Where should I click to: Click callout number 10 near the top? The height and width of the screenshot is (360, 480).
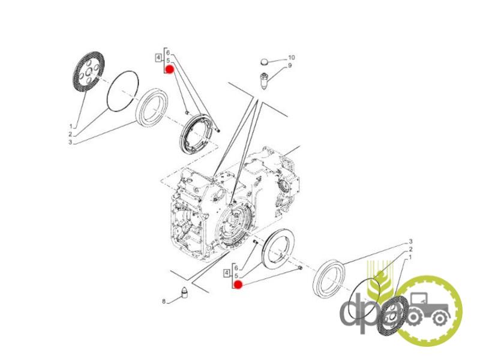pos(291,58)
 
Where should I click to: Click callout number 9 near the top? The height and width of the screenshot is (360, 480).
pos(290,65)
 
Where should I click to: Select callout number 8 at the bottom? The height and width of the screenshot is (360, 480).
pos(164,302)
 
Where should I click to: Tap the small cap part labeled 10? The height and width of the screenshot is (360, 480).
pos(264,62)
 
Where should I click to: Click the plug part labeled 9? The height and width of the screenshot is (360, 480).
pos(264,81)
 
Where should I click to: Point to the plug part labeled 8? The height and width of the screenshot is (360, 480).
pos(184,292)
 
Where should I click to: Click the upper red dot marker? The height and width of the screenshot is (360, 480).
pos(170,70)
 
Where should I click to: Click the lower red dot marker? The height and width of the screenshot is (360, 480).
pos(238,285)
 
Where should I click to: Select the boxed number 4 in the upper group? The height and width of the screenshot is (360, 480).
pos(158,57)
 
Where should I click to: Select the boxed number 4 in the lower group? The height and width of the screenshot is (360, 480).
pos(227,272)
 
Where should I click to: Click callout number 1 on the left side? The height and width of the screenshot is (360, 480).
pos(71,126)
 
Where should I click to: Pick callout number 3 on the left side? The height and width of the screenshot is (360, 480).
pos(70,142)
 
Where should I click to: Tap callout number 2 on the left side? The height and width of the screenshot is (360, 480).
pos(70,134)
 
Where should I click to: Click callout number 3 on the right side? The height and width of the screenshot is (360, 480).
pos(411,242)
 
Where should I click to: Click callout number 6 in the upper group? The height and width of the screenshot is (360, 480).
pos(168,53)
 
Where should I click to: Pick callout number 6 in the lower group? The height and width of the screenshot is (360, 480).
pos(236,268)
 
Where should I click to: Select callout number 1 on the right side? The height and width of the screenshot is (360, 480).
pos(410,257)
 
